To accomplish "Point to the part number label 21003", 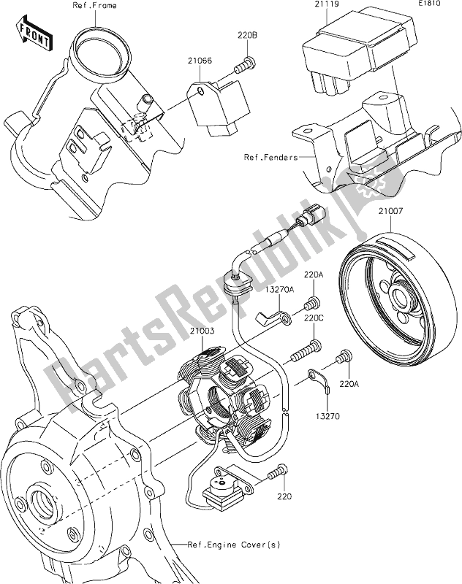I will click(x=205, y=332).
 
